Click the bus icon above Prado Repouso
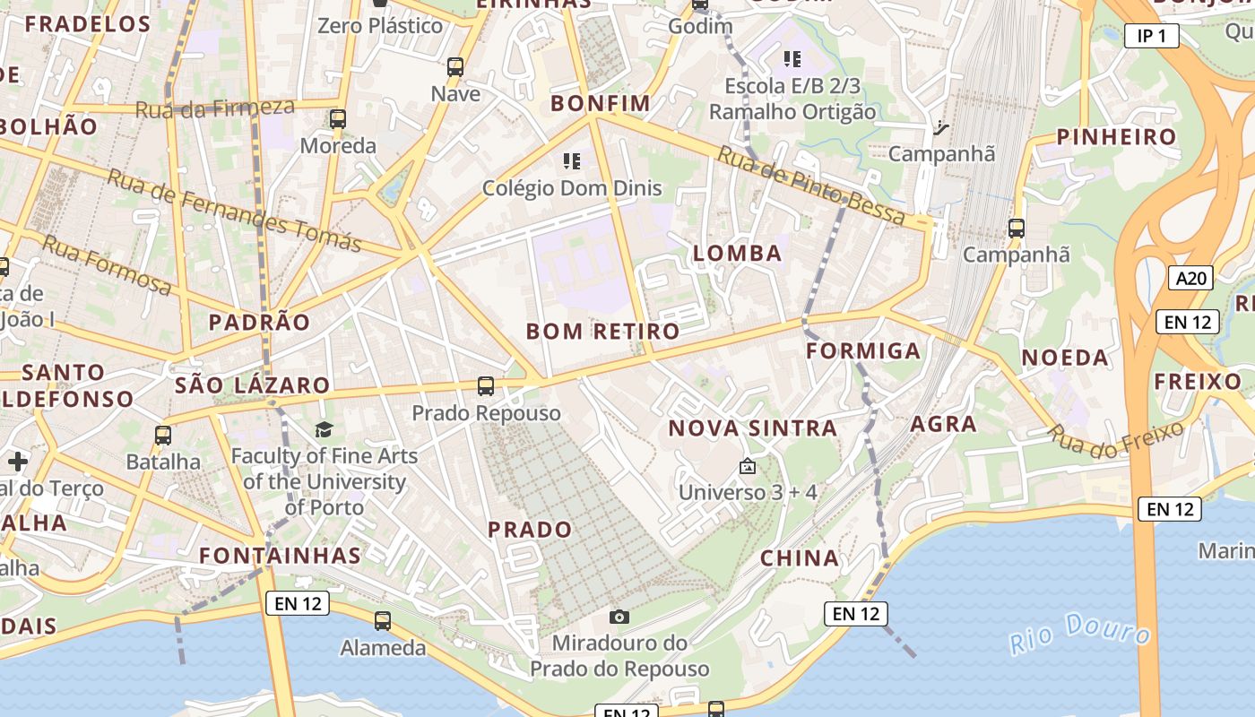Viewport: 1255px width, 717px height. (x=486, y=386)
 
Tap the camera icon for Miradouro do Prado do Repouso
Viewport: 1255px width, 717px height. (x=619, y=617)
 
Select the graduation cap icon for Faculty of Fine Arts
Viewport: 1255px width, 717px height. (x=324, y=430)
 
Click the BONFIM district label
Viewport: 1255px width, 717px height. (x=601, y=103)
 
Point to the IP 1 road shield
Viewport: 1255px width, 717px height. (x=1151, y=36)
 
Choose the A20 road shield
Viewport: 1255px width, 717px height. (x=1190, y=278)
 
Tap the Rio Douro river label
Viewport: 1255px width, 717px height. (x=1079, y=634)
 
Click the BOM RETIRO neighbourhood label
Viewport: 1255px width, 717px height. (x=602, y=332)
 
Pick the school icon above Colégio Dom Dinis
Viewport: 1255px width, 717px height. (x=572, y=161)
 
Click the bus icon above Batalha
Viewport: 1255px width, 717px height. (x=163, y=436)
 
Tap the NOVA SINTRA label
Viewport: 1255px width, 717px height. (x=753, y=428)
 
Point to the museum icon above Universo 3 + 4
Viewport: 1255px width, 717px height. (x=747, y=466)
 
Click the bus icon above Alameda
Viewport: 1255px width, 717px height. (x=383, y=620)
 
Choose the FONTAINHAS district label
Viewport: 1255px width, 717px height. (x=280, y=556)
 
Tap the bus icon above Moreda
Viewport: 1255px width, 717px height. (x=338, y=119)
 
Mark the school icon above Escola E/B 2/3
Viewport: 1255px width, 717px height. (x=792, y=59)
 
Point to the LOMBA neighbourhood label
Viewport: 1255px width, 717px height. (x=738, y=254)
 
